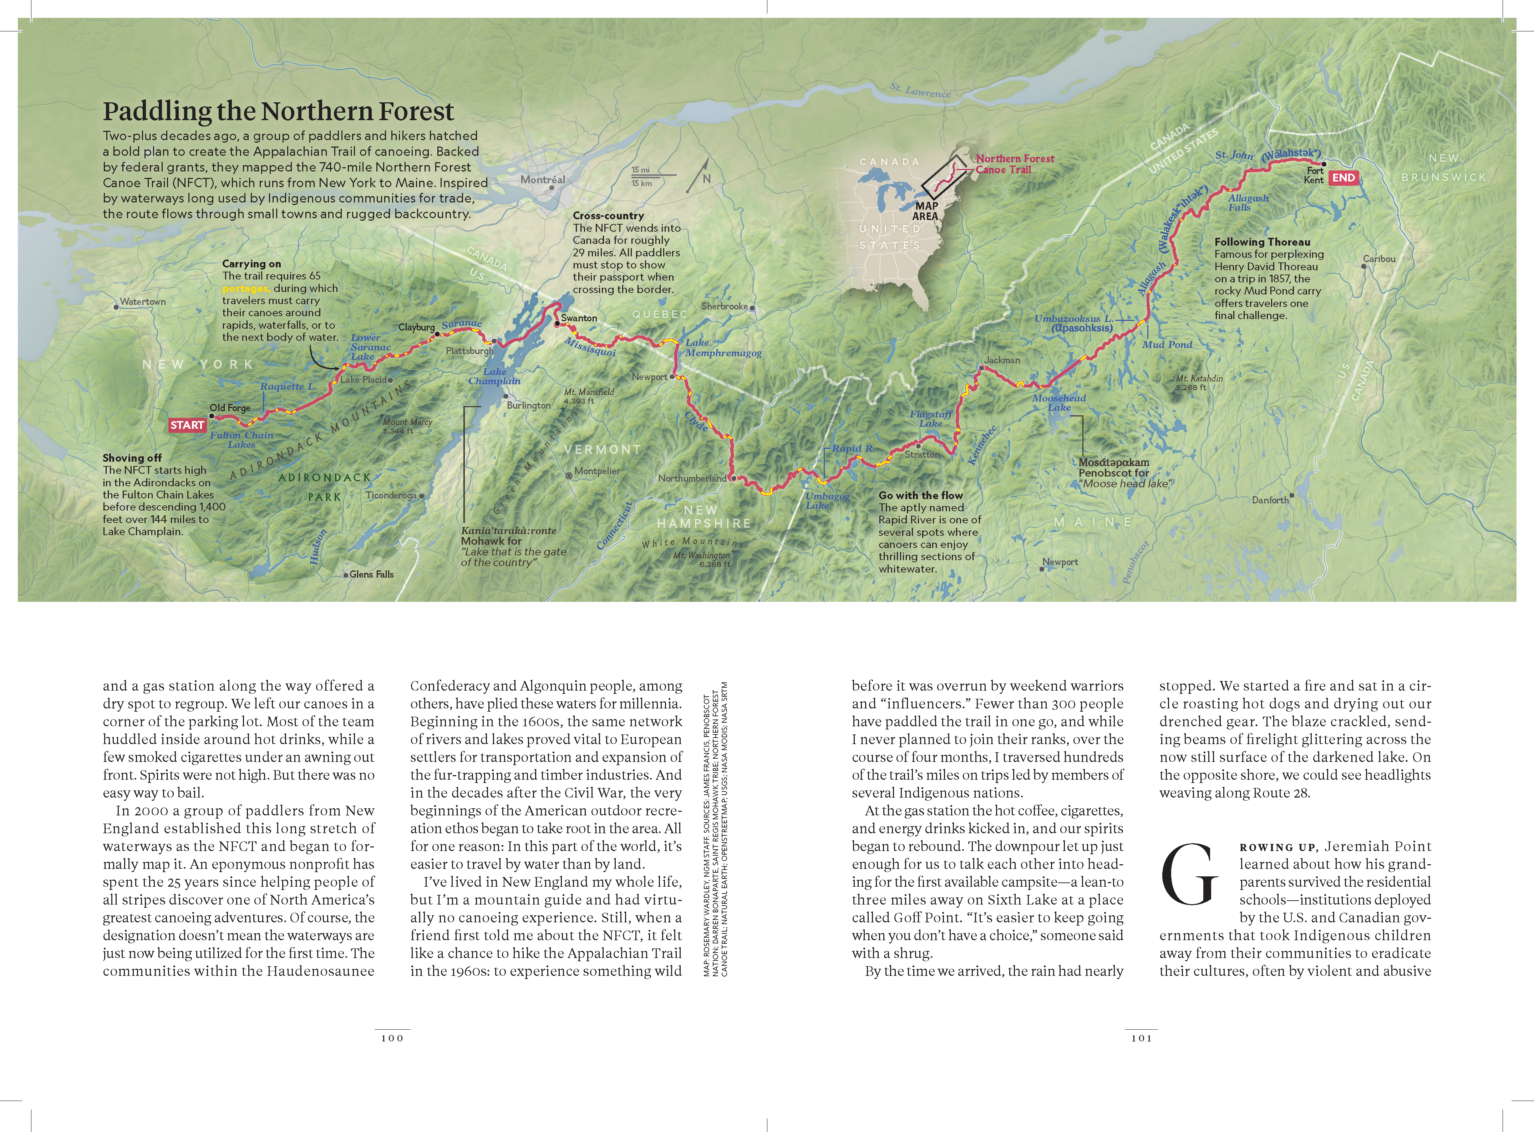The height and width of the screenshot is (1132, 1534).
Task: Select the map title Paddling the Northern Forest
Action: pos(278,111)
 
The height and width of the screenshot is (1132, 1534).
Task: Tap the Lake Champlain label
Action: pos(494,376)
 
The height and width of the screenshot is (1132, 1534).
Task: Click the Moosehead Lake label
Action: pos(1059,402)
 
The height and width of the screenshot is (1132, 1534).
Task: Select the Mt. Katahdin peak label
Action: pos(1199,382)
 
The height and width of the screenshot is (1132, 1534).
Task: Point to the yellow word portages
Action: pos(245,288)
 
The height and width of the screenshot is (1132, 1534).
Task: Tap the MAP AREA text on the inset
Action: pos(926,210)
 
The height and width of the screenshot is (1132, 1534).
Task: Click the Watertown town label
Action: pos(143,302)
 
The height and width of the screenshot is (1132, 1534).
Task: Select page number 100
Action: pos(392,1038)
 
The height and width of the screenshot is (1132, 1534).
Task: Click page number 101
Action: pos(1141,1038)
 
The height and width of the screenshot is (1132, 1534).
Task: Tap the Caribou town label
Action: pos(1378,259)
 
